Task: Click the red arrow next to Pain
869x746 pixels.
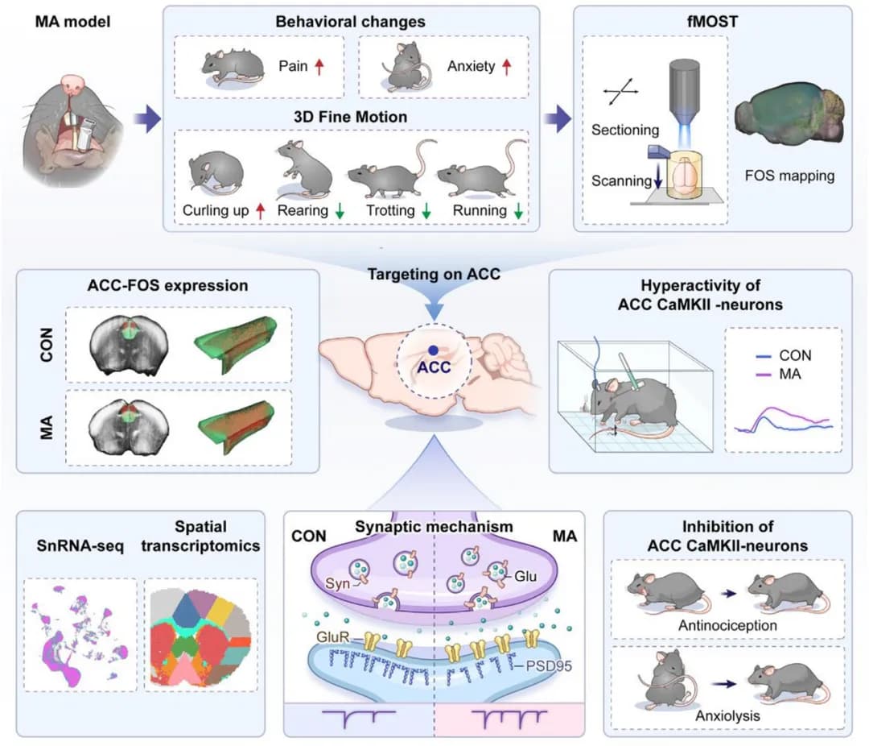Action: tap(319, 66)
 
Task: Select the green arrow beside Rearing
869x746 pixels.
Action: tap(340, 211)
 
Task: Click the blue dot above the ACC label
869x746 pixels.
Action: tap(433, 350)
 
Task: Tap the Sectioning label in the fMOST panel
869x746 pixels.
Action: tap(625, 130)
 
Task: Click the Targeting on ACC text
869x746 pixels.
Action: tap(434, 273)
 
